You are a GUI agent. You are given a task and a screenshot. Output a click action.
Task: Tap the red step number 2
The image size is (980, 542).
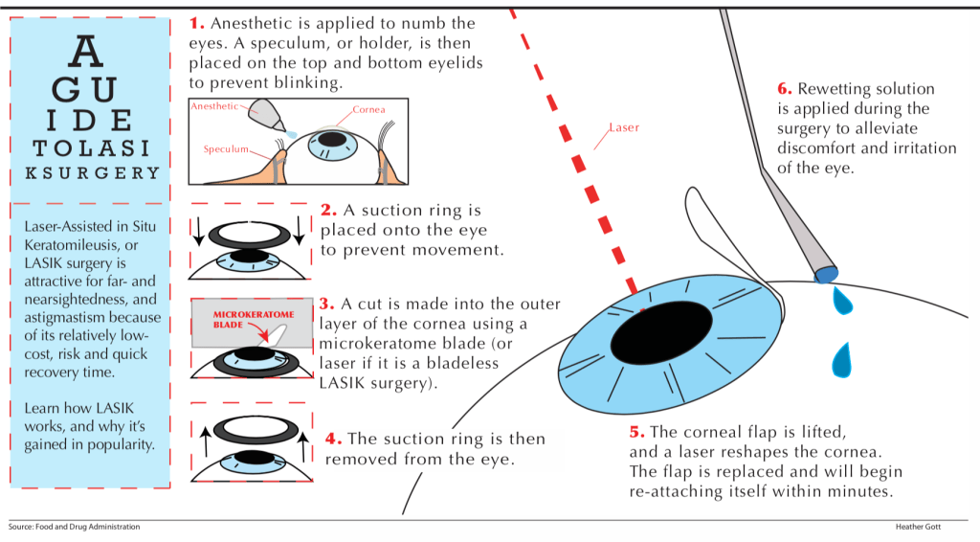pos(328,210)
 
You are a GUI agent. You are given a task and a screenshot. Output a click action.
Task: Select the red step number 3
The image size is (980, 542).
pos(326,304)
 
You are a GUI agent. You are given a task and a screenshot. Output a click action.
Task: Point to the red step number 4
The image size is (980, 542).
pos(333,439)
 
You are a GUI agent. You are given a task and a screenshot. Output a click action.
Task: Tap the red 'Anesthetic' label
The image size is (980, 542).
pos(214,106)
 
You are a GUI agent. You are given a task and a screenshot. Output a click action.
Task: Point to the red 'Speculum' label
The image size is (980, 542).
pos(227,149)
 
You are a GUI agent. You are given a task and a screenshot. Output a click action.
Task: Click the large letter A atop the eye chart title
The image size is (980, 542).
pos(88,49)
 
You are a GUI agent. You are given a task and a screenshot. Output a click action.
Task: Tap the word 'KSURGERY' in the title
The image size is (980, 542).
pos(88,173)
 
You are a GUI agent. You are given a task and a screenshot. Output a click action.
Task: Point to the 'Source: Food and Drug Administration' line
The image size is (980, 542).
pos(74,527)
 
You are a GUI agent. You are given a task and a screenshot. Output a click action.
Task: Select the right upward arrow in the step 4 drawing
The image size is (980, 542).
pos(303,442)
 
